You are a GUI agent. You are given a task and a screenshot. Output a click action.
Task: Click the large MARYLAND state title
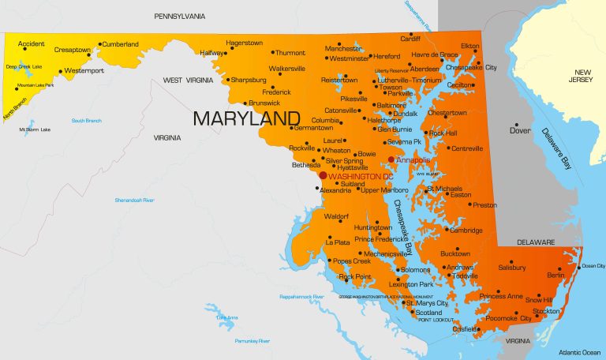[x=241, y=118]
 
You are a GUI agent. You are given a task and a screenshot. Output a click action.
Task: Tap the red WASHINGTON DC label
[x=360, y=175]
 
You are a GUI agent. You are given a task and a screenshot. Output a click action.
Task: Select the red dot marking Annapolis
[x=391, y=159]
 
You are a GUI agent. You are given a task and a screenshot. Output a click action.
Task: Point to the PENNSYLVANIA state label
[x=180, y=16]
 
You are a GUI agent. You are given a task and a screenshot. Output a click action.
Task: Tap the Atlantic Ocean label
[x=579, y=351]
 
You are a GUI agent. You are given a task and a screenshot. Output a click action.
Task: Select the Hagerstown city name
[x=245, y=43]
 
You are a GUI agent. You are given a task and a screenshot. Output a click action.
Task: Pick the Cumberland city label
[x=120, y=44]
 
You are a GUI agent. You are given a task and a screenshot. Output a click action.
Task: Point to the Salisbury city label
[x=512, y=268]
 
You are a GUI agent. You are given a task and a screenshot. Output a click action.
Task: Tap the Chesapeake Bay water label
[x=403, y=227]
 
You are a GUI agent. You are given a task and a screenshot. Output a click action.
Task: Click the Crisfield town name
[x=465, y=328]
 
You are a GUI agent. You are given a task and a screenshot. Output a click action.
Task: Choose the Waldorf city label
[x=336, y=216]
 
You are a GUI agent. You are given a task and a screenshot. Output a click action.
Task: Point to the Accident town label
[x=32, y=44]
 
